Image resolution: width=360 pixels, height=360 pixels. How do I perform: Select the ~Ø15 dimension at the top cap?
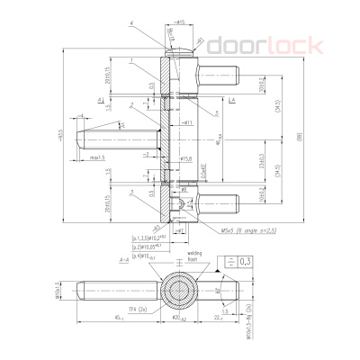pyautogui.click(x=179, y=20)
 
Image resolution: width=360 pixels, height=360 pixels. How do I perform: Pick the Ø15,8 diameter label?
pyautogui.click(x=188, y=158)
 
